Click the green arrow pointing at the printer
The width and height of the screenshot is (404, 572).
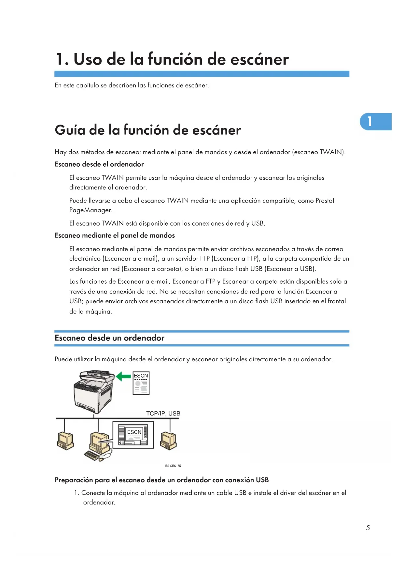[124, 376]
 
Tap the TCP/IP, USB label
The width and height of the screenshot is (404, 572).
[163, 414]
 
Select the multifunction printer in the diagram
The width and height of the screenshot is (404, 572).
[94, 391]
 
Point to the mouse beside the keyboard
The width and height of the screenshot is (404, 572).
[101, 459]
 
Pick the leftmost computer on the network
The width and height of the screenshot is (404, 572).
[65, 441]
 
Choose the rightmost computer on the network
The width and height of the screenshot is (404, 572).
[168, 440]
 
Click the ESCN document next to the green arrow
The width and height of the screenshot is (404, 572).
[141, 383]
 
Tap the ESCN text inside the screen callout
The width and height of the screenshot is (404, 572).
[134, 432]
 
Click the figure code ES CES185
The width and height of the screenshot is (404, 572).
[173, 466]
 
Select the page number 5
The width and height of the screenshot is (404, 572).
[368, 528]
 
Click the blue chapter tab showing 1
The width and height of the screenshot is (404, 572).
[375, 122]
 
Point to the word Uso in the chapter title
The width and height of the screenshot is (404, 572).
[88, 59]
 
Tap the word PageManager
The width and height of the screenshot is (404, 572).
[91, 210]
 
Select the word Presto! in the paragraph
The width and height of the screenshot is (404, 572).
[325, 201]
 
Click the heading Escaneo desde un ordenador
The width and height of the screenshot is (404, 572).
[109, 338]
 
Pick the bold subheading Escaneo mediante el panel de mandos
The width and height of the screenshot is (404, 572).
[115, 235]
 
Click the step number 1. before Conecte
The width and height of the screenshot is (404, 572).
[77, 493]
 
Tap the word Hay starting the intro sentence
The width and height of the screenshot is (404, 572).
[61, 152]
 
